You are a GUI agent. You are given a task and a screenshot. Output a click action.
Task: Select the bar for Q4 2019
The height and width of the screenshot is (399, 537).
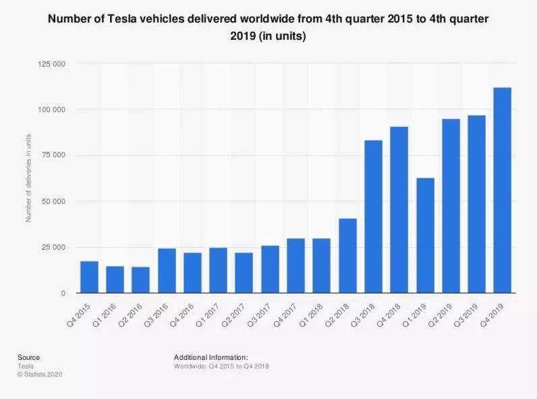click(x=502, y=190)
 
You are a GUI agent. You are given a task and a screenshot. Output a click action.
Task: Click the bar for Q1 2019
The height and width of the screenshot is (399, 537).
click(x=426, y=236)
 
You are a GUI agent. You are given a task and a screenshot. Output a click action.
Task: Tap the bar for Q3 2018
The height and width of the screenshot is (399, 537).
click(x=373, y=217)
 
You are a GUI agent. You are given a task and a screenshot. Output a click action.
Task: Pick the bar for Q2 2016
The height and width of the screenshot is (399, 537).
click(x=140, y=280)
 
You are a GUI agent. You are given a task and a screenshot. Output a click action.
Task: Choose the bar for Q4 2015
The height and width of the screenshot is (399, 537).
click(x=89, y=277)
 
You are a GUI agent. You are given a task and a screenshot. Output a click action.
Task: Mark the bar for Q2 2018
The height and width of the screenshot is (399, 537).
click(x=347, y=256)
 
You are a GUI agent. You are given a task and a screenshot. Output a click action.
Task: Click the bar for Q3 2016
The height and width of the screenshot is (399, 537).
click(x=167, y=271)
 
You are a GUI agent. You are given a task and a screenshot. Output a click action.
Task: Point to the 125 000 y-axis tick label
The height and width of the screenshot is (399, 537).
click(x=51, y=64)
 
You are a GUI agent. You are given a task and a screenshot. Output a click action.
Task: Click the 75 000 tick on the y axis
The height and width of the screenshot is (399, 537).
click(x=53, y=155)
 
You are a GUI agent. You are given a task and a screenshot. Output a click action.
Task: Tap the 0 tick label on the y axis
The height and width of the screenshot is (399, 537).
click(x=63, y=293)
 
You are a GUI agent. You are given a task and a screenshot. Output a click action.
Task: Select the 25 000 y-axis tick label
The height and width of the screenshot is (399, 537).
click(x=53, y=247)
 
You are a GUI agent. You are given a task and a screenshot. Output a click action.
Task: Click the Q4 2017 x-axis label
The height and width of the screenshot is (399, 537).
click(x=285, y=315)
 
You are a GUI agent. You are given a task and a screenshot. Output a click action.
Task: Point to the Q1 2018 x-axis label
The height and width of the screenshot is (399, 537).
click(x=311, y=315)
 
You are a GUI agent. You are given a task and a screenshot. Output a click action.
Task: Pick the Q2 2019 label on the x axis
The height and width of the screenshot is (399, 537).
click(x=440, y=315)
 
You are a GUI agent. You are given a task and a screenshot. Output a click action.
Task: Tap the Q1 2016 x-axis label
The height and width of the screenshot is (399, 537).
click(x=104, y=315)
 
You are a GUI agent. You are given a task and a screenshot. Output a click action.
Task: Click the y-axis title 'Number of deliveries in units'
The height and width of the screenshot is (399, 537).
click(x=28, y=178)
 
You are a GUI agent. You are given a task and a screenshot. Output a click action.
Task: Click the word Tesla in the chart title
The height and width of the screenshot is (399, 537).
click(x=121, y=18)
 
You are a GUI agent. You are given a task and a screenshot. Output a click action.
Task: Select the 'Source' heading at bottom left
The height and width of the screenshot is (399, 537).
click(x=29, y=357)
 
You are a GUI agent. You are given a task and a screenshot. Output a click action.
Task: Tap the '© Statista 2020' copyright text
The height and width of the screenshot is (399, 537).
click(x=40, y=374)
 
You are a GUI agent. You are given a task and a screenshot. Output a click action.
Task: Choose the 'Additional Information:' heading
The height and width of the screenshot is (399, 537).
click(x=211, y=357)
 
